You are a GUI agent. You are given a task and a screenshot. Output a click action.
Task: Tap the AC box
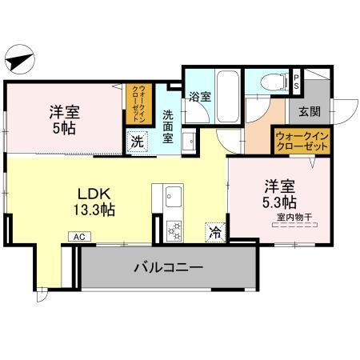click(x=79, y=237)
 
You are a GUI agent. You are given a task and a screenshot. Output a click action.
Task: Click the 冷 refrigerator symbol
click(x=215, y=231)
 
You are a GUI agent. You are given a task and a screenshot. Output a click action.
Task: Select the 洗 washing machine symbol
click(x=138, y=144)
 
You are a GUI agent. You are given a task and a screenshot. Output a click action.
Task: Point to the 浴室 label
click(x=200, y=98)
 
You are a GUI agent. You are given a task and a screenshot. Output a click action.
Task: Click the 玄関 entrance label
click(x=310, y=110)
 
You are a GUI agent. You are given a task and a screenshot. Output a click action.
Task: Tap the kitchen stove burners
click(x=174, y=229)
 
